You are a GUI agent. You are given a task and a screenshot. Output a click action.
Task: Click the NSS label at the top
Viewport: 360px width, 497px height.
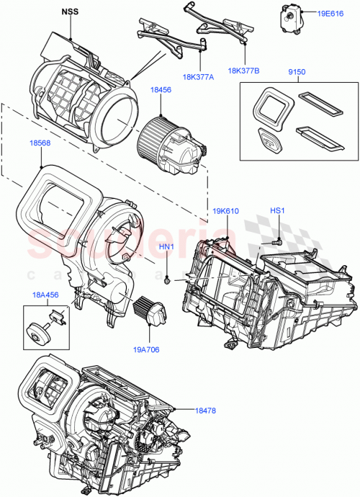(71, 12)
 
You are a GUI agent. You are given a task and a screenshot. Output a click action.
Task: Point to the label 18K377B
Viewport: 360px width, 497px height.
(243, 71)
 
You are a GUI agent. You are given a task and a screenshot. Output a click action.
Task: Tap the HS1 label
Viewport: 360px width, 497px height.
(278, 211)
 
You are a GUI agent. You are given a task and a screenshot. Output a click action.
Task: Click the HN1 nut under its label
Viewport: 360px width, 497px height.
(167, 278)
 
